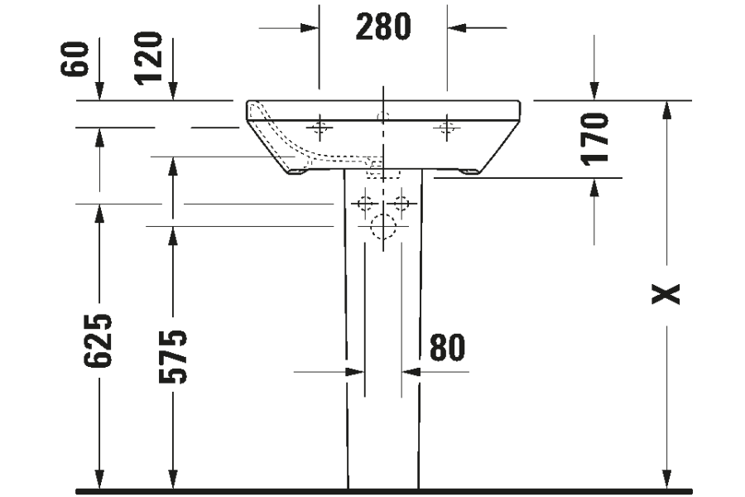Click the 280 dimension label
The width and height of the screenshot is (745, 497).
(383, 27)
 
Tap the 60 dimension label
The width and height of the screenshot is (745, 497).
(74, 59)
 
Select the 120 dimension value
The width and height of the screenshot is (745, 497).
(148, 58)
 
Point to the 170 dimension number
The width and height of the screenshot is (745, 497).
(594, 139)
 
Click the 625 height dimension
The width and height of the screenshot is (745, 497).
(98, 340)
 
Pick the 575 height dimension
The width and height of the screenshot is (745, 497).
(173, 357)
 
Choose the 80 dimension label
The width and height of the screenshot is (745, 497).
(447, 347)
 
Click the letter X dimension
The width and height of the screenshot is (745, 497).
(666, 294)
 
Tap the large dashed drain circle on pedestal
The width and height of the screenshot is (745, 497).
(383, 226)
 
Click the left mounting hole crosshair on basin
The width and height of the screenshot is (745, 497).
(320, 128)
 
